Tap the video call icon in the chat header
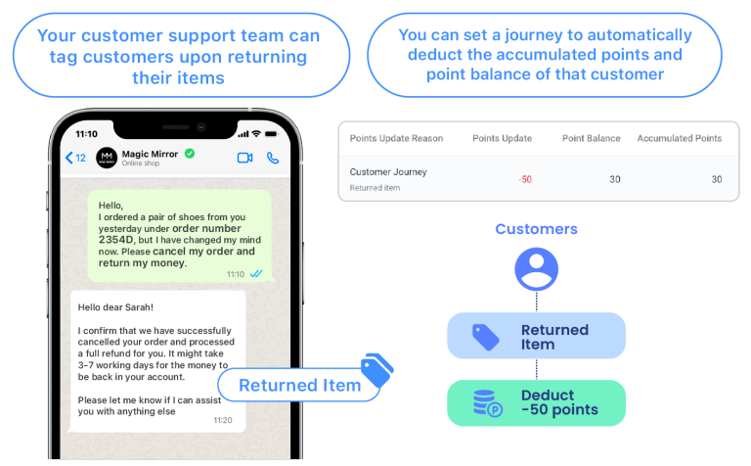244,158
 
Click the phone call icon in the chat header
273,158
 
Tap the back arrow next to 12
69,158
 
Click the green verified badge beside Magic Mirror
190,154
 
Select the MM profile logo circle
107,158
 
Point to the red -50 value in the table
525,179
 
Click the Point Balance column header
591,139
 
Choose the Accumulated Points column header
680,139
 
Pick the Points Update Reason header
396,139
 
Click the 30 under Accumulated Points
717,179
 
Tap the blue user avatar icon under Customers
537,269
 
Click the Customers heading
537,229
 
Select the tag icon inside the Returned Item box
486,337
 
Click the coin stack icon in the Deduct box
487,403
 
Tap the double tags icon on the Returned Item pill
377,370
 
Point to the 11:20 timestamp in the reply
223,420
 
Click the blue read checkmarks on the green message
256,274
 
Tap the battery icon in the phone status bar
272,134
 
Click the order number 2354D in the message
116,240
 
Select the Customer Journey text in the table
388,172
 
